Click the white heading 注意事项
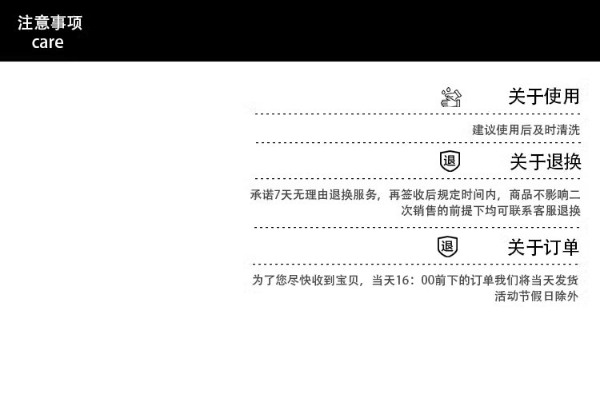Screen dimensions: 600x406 tap(50, 23)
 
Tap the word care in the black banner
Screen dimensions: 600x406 tap(47, 43)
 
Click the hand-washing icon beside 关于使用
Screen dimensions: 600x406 tap(451, 98)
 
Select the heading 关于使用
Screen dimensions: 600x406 tap(543, 97)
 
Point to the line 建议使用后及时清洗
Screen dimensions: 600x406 tap(526, 129)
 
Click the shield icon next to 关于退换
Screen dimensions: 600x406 tap(450, 161)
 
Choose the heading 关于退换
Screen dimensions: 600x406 tap(545, 162)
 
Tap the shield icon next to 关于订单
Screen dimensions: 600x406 tap(447, 246)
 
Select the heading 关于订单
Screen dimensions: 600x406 tap(543, 248)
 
